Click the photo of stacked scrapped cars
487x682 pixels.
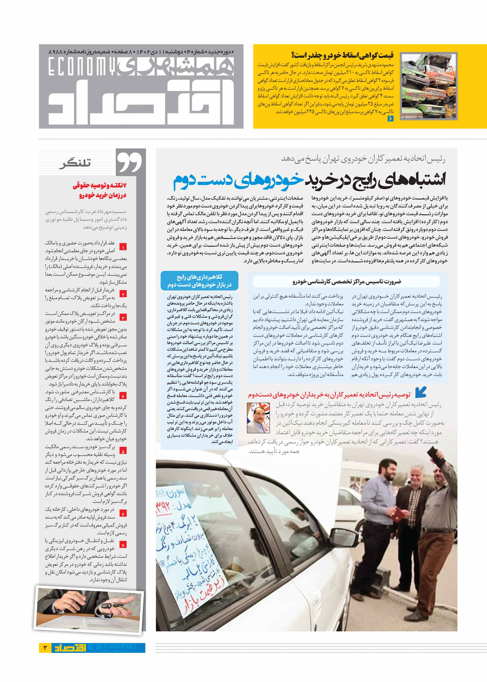pyautogui.click(x=429, y=86)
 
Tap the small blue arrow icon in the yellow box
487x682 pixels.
pyautogui.click(x=390, y=118)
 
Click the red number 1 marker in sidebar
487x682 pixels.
pyautogui.click(x=123, y=247)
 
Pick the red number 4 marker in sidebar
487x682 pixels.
pyautogui.click(x=123, y=396)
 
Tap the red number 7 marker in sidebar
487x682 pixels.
pyautogui.click(x=123, y=545)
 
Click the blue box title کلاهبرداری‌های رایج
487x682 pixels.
pyautogui.click(x=199, y=277)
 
